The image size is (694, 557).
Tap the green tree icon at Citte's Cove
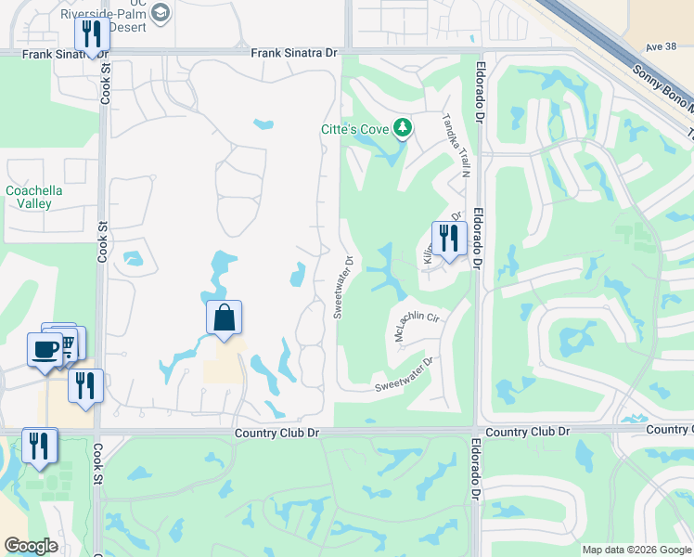403,127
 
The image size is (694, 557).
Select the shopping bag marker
224,318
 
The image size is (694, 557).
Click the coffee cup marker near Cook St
45,350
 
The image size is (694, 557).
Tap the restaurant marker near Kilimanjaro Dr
448,239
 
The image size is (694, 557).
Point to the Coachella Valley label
34,197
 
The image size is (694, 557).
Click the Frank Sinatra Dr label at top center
294,53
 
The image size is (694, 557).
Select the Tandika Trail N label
456,144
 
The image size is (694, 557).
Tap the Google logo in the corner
31,545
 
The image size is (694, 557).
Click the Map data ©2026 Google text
636,550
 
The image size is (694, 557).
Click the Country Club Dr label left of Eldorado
276,433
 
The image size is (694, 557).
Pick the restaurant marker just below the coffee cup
85,386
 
